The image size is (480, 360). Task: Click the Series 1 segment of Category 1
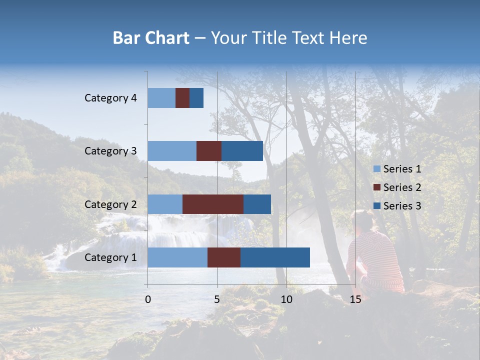tap(177, 257)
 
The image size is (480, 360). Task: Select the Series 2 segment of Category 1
tap(224, 257)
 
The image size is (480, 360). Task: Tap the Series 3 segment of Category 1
tap(275, 257)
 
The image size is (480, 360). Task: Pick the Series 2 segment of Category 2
tap(213, 204)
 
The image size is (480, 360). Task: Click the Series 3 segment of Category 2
tap(257, 204)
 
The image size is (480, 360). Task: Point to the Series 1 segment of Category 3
tap(172, 151)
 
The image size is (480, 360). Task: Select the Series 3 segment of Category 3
tap(242, 151)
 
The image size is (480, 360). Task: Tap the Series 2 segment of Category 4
tap(182, 98)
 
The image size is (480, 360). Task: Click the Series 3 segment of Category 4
tap(196, 98)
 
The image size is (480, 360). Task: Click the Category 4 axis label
tap(110, 98)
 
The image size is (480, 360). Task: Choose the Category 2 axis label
tap(110, 204)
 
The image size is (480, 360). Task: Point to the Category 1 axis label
tap(110, 257)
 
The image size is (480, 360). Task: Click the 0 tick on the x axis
tap(148, 299)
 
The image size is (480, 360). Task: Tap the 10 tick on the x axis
tap(286, 299)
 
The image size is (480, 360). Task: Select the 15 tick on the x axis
tap(355, 299)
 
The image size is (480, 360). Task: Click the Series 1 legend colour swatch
tap(377, 169)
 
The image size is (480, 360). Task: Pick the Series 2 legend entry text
tap(402, 187)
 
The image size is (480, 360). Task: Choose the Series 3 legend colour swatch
tap(377, 206)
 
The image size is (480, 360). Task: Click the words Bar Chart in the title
tap(151, 38)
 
